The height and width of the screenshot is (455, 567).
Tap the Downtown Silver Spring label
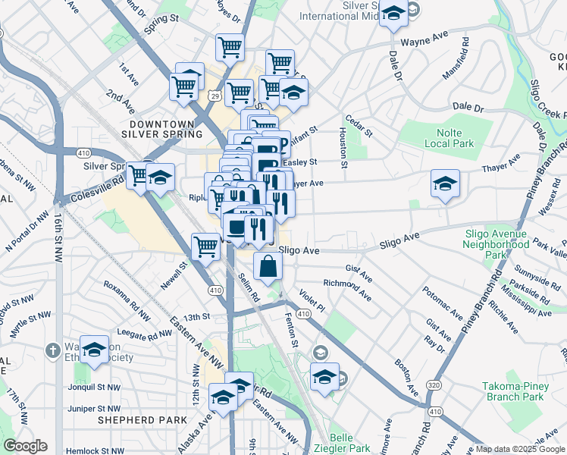168,128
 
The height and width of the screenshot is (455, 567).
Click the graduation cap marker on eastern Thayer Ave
445,184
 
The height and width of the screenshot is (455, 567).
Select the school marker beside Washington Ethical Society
95,350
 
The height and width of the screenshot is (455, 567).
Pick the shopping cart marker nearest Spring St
230,47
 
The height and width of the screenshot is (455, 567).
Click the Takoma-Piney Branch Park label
513,391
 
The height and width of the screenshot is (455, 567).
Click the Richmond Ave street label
346,287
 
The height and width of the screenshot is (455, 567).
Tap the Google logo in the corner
25,446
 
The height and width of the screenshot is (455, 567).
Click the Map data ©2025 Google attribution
519,449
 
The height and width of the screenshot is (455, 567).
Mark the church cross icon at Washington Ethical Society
52,351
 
